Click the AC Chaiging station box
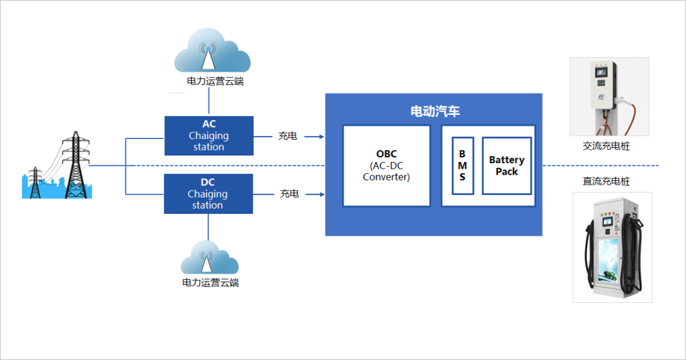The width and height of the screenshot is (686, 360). click(208, 136)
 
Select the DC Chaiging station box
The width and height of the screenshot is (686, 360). click(208, 194)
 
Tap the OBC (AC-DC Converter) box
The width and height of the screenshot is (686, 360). click(386, 166)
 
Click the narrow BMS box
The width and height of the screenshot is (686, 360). click(462, 166)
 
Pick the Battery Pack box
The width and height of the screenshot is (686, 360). click(506, 166)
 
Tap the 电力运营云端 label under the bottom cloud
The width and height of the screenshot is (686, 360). click(210, 283)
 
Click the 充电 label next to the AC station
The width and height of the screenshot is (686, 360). click(288, 136)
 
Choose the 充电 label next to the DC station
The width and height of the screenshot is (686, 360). click(289, 194)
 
